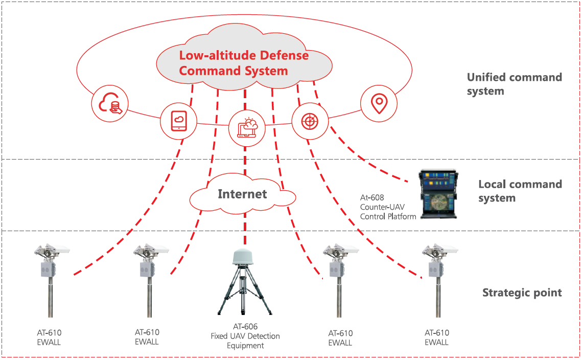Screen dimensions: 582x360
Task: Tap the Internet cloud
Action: point(242,194)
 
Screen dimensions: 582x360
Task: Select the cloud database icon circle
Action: point(110,104)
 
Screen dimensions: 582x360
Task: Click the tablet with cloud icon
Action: point(178,121)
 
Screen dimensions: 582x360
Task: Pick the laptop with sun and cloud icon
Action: point(247,128)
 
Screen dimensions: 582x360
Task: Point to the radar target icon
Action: point(310,121)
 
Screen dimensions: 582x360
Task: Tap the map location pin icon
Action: point(379,104)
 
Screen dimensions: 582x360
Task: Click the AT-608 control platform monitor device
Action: point(438,194)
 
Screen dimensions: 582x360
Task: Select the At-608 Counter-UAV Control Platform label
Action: point(388,207)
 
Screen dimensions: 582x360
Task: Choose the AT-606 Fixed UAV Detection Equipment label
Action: point(245,336)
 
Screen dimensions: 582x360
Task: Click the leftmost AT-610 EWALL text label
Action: point(49,337)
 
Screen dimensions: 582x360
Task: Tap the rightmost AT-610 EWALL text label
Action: point(437,337)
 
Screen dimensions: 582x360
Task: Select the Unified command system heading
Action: point(515,84)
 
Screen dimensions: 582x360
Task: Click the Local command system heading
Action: point(520,191)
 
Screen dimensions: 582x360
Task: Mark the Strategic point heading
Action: point(522,292)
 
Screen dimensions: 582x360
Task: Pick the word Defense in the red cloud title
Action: point(284,55)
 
